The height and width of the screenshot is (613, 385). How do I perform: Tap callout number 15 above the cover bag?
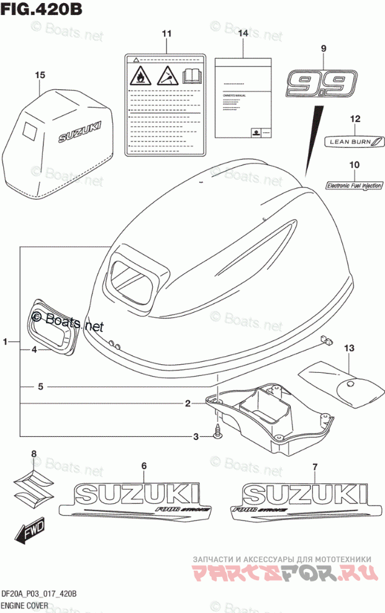(40, 75)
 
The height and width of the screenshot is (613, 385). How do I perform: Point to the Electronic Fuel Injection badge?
(354, 184)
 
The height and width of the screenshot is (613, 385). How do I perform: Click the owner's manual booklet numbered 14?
(243, 98)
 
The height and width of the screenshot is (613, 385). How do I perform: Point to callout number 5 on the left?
(40, 387)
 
